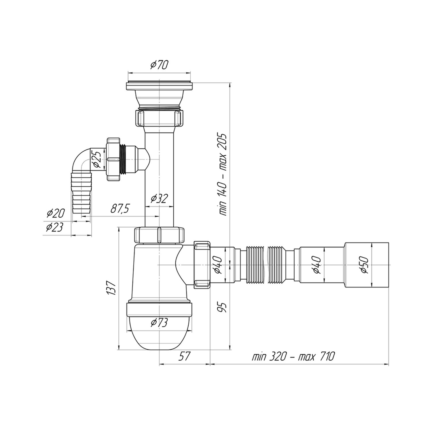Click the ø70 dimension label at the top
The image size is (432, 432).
[159, 65]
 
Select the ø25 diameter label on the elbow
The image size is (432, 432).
[97, 159]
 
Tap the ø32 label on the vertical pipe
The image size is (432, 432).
[159, 199]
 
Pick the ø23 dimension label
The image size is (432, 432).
[55, 228]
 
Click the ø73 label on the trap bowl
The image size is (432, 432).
[159, 323]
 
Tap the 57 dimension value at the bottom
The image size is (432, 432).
[184, 356]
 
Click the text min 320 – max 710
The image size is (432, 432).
[293, 357]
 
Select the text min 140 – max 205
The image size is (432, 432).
[224, 175]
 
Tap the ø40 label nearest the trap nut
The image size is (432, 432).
[219, 264]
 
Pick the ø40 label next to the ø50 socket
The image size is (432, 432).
[317, 264]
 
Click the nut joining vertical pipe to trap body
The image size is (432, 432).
[159, 235]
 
